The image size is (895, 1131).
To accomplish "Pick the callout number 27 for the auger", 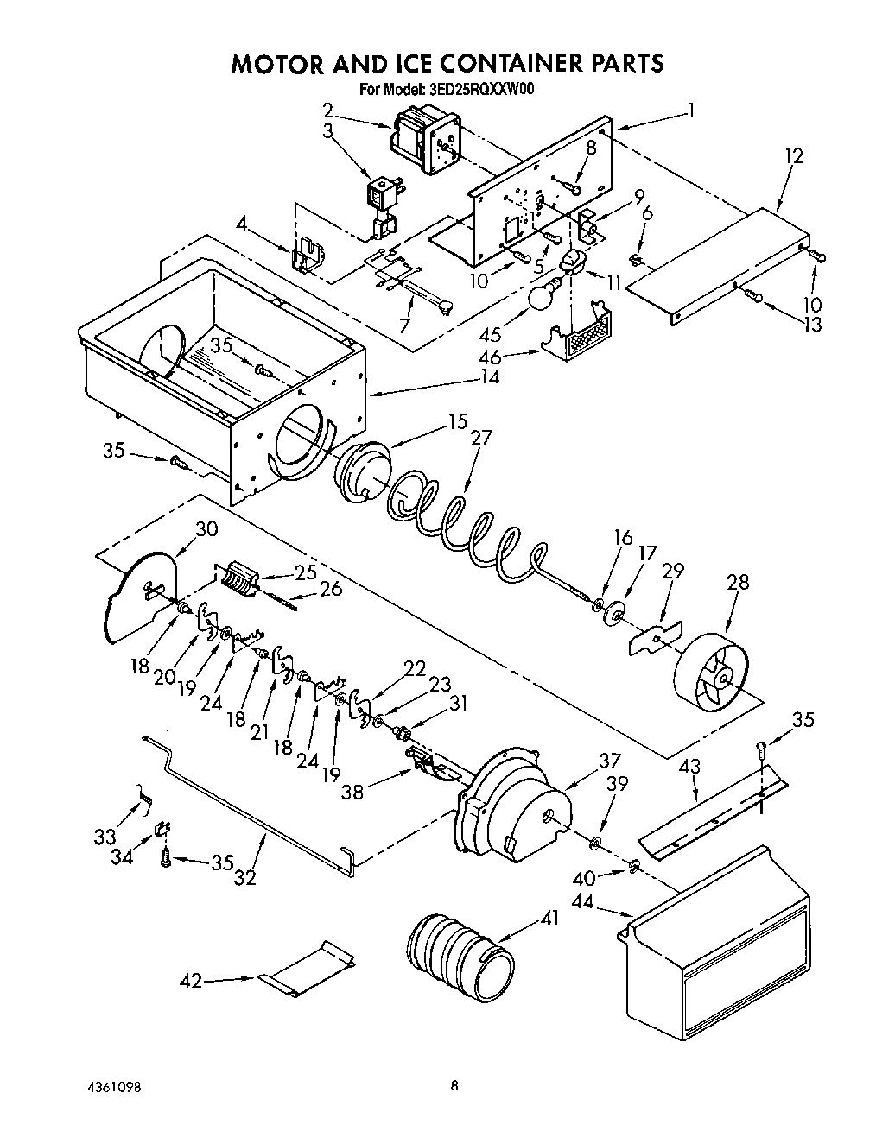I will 480,438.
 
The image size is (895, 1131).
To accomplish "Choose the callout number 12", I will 793,156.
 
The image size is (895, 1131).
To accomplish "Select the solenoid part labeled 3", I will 380,201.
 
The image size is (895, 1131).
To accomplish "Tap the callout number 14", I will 490,377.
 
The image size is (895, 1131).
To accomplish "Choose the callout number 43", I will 689,766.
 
